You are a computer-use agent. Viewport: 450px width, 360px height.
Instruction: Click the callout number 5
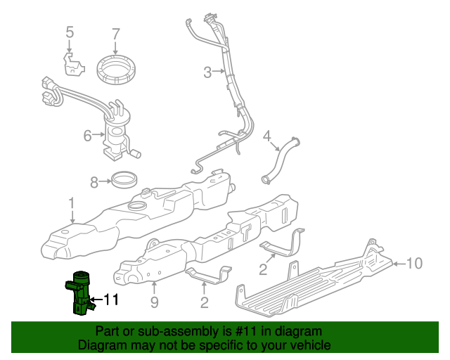tap(69, 32)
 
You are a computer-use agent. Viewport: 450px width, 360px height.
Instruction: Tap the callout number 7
tap(116, 32)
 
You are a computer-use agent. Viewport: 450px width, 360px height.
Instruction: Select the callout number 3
tap(207, 72)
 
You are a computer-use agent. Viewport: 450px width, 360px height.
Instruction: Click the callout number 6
tap(88, 135)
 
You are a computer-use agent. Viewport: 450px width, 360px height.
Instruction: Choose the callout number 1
tap(71, 203)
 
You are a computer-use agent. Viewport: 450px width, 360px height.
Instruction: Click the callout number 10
tap(414, 264)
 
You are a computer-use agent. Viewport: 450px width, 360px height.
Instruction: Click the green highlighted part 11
tap(79, 292)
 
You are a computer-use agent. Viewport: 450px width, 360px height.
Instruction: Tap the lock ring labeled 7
tap(117, 69)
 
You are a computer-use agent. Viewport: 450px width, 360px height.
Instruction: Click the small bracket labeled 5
tap(72, 65)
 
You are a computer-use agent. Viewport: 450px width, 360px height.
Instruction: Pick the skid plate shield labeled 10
tap(316, 278)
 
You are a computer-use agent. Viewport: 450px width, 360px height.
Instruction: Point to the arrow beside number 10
tap(399, 264)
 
